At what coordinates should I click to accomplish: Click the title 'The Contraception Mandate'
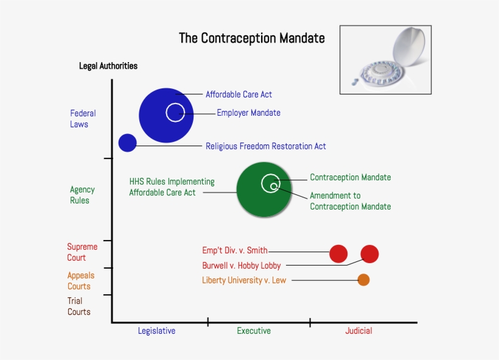point(251,38)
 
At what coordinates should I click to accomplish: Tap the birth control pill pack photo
point(385,60)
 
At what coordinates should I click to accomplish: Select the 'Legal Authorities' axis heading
point(108,66)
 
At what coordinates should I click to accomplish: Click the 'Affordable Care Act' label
point(239,94)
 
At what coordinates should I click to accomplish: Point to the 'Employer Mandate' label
point(248,113)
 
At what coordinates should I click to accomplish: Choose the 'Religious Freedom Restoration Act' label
point(265,146)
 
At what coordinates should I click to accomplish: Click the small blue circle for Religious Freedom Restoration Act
point(127,143)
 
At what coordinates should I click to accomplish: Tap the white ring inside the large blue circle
point(175,113)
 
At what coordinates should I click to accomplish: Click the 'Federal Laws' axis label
point(82,119)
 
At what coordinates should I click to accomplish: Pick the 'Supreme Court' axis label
point(82,252)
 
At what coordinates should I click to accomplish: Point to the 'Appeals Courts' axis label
point(80,281)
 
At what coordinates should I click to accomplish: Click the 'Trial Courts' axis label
point(79,306)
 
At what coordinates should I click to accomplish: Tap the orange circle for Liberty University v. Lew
point(363,280)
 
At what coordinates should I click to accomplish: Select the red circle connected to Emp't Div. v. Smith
point(338,254)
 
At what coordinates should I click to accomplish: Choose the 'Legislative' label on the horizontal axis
point(156,331)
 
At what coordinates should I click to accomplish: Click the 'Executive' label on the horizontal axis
point(254,331)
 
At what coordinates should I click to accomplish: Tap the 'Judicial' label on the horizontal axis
point(358,331)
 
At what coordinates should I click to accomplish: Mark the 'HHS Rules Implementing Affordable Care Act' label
point(172,187)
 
